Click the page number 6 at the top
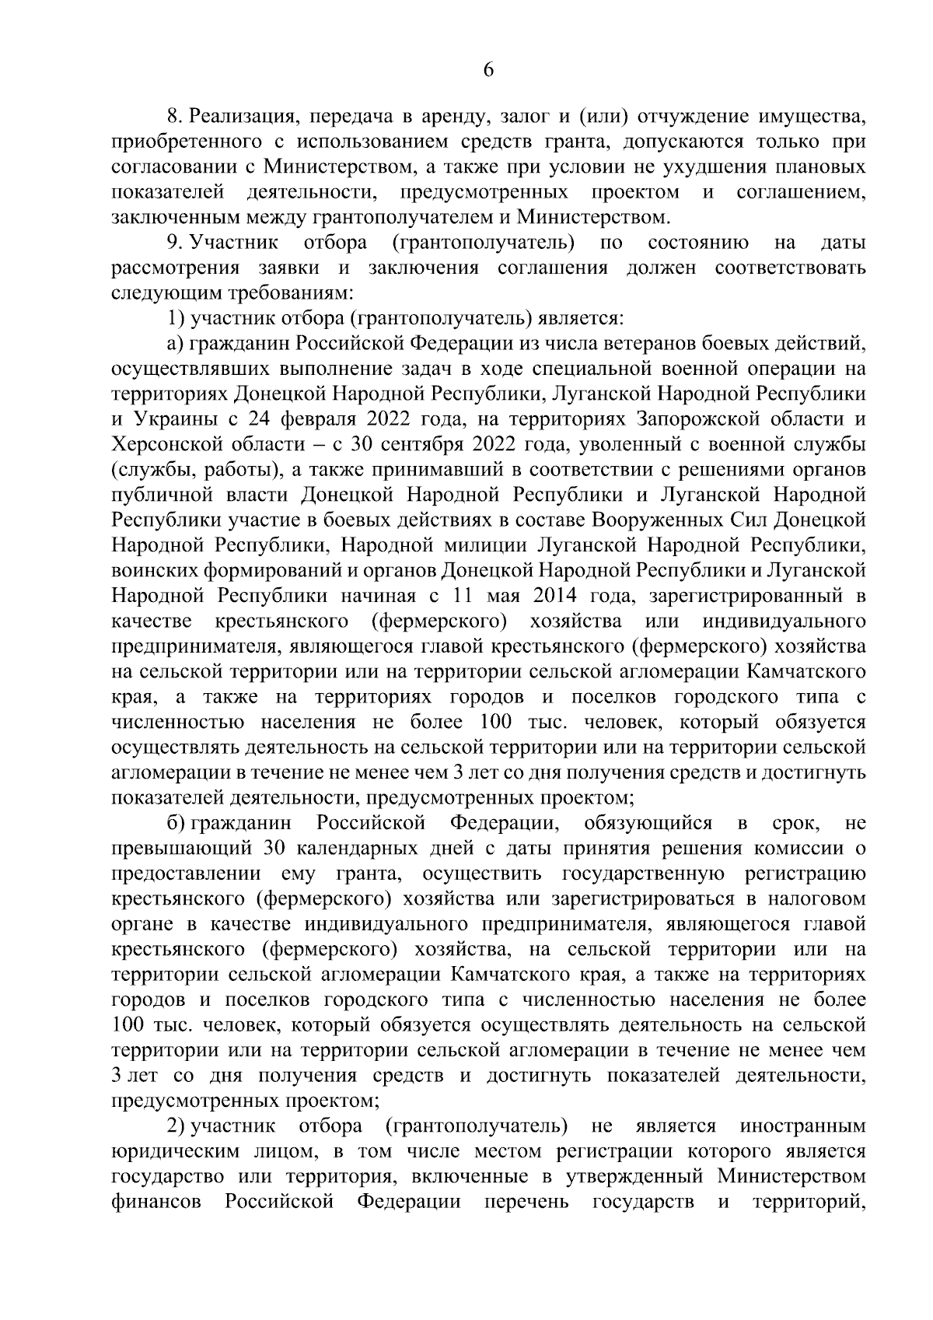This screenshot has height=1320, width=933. [x=488, y=70]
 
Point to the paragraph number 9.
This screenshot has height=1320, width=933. [x=174, y=243]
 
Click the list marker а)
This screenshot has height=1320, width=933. [x=175, y=343]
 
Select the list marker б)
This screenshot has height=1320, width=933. [x=175, y=823]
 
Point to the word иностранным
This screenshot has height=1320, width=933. [x=803, y=1126]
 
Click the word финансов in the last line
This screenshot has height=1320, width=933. [x=156, y=1202]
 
